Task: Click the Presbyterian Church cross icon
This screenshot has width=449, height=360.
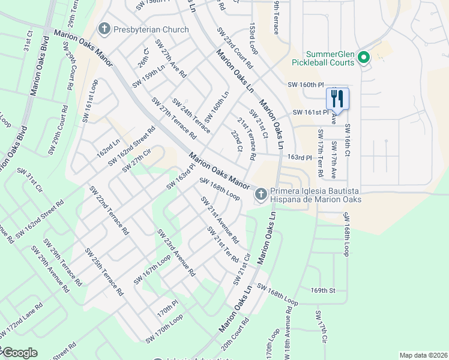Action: [x=104, y=29]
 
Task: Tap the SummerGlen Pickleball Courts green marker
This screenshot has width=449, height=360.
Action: [x=363, y=58]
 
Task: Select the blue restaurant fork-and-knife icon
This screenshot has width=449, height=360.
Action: [x=337, y=98]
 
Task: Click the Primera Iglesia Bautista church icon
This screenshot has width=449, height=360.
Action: [x=261, y=194]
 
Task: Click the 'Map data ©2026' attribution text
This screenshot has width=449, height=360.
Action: [x=423, y=355]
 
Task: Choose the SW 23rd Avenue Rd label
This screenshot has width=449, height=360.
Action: [x=176, y=252]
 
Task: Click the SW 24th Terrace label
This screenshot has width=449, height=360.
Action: [x=191, y=115]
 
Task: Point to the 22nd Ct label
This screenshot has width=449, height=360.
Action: [x=237, y=141]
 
